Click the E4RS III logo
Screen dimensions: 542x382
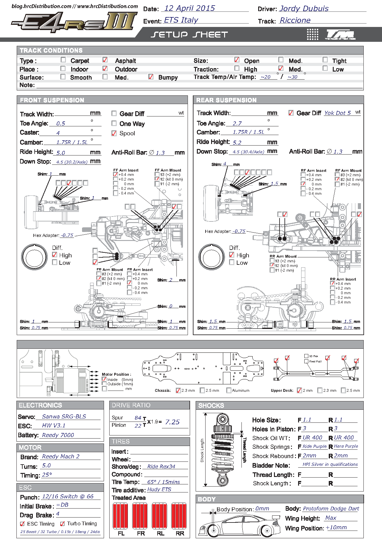click(74, 22)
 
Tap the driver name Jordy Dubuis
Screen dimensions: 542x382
click(304, 9)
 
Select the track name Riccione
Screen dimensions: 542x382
click(295, 20)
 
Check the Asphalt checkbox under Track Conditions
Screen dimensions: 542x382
click(105, 59)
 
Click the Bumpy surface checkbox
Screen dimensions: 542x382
click(151, 76)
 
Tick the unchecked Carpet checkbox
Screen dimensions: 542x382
click(63, 59)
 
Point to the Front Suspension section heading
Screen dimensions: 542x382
click(52, 100)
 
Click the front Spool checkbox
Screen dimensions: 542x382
click(114, 133)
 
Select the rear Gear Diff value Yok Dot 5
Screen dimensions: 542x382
click(337, 113)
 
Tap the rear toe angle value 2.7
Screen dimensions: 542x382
click(237, 124)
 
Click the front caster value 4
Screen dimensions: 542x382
click(58, 133)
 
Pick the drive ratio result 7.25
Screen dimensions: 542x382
click(172, 422)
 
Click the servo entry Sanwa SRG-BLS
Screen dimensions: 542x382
click(64, 417)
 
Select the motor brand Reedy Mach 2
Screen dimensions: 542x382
click(61, 457)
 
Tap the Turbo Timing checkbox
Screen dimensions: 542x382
click(63, 524)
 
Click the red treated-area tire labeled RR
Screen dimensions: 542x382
click(179, 516)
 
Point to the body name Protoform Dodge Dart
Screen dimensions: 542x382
click(331, 509)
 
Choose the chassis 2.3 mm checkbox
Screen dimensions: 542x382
click(178, 390)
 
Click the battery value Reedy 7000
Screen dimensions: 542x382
click(58, 435)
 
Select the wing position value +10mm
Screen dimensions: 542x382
click(336, 527)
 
